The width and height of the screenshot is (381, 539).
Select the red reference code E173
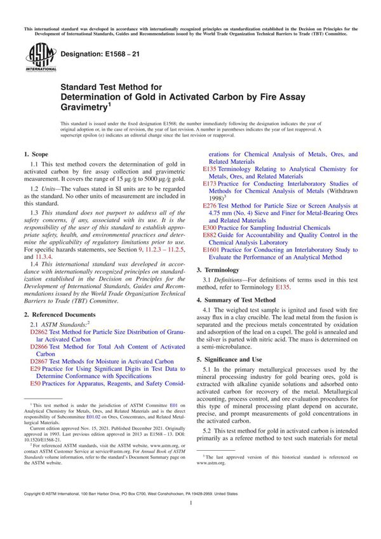[x=211, y=183]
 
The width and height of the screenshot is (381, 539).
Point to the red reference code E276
[x=211, y=206]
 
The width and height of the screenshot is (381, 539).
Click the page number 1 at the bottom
[x=190, y=520]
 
